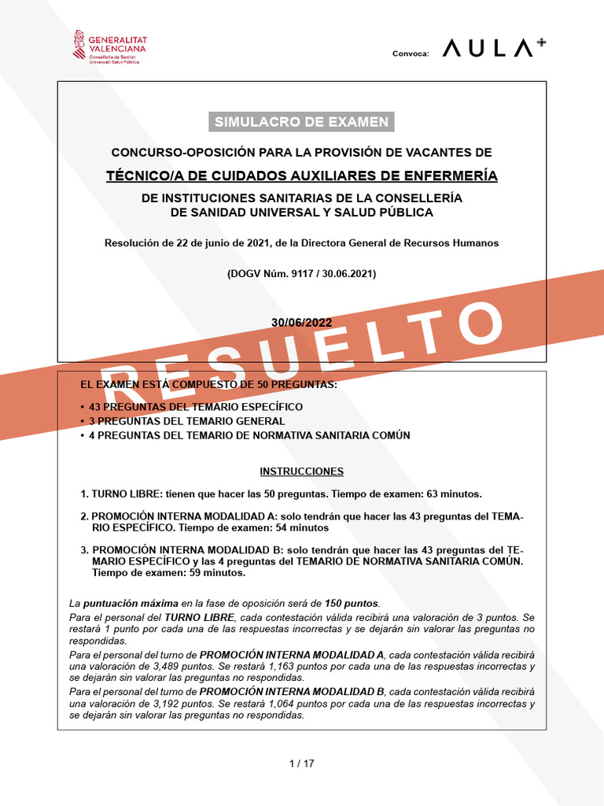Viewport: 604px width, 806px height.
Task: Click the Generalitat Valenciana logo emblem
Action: [79, 46]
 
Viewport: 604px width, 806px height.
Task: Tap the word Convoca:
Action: [411, 54]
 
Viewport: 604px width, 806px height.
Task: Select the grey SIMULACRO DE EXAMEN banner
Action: [301, 121]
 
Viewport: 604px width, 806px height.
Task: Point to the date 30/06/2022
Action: [301, 323]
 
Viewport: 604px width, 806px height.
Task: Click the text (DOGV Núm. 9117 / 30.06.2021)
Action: [301, 274]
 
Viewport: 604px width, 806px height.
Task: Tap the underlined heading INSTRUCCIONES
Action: [301, 471]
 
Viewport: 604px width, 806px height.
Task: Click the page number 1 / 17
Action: [302, 763]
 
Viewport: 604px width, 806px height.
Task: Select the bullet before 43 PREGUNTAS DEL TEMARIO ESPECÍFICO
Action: [83, 407]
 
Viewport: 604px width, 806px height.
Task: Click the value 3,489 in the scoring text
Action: [151, 666]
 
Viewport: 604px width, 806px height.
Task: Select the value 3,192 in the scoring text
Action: [151, 704]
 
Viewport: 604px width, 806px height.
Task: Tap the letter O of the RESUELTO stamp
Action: [477, 321]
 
